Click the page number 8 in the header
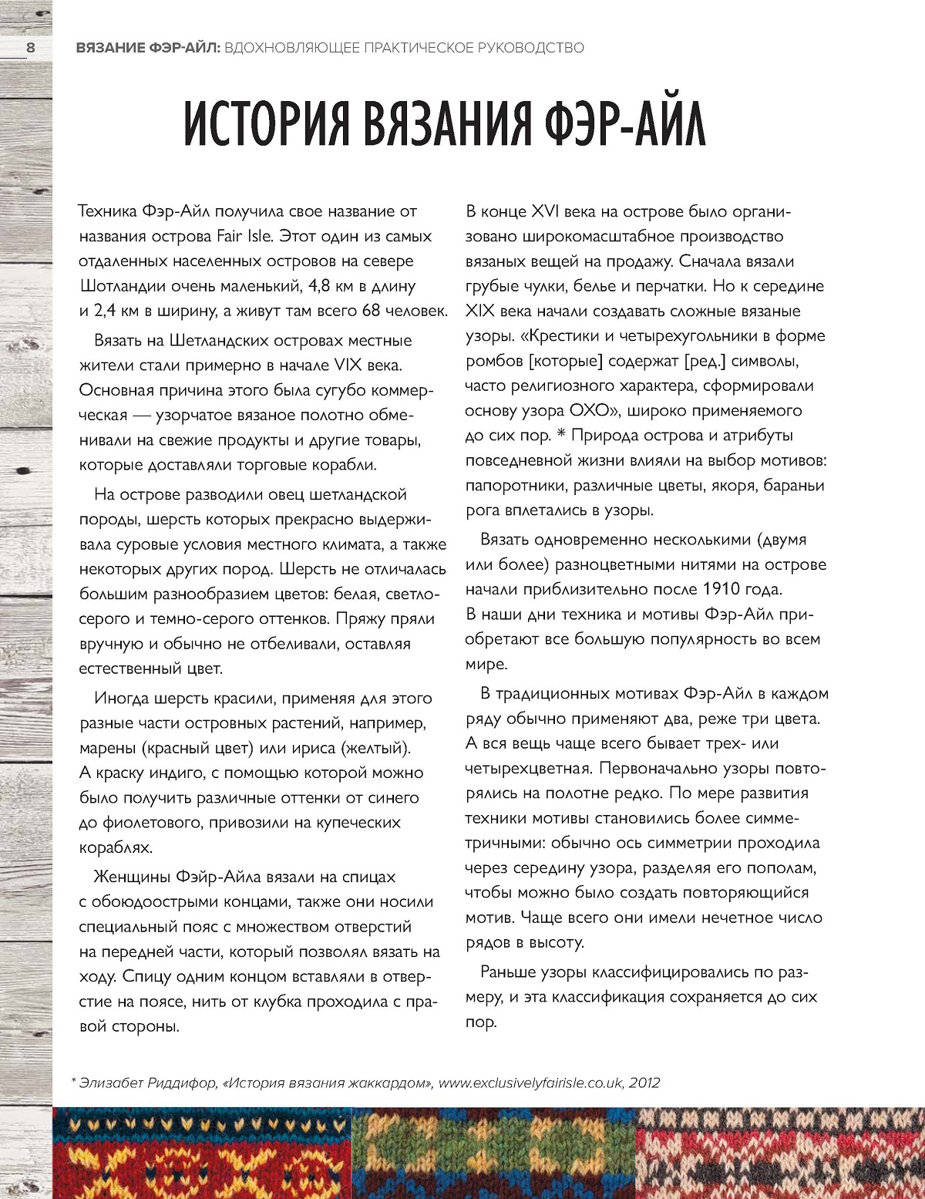click(x=31, y=48)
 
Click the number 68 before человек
click(x=371, y=311)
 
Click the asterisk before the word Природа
click(x=562, y=436)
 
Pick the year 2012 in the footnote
click(x=644, y=1083)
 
